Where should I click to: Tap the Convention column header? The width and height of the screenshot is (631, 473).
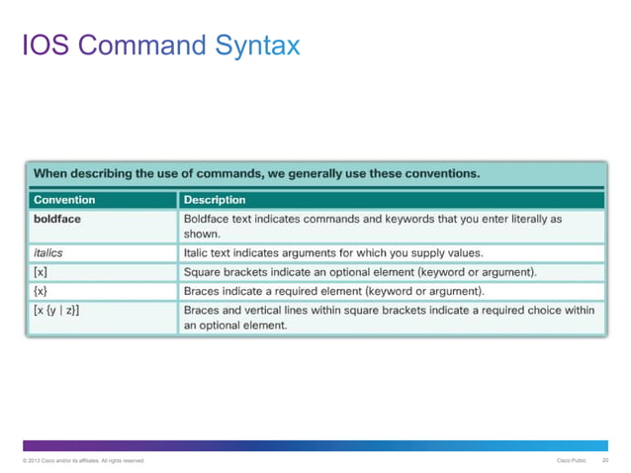point(64,200)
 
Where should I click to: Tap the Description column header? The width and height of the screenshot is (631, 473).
point(215,200)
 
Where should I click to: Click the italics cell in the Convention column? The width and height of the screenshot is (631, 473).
point(48,252)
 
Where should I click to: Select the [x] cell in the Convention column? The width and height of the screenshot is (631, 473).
point(41,270)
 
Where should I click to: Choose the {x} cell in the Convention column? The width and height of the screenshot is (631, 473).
point(42,290)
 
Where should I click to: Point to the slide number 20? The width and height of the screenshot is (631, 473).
point(604,460)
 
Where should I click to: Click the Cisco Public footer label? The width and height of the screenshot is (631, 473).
point(571,460)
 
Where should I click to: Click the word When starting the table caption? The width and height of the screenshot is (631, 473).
point(52,173)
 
